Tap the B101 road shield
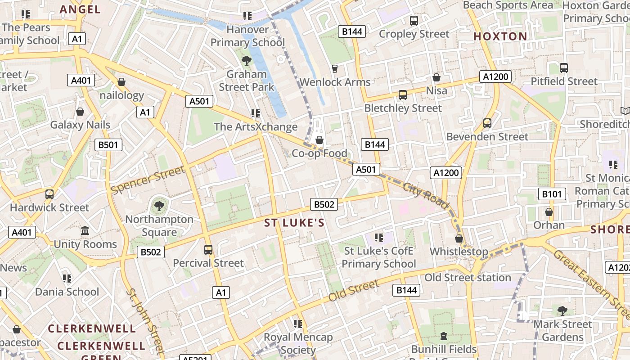[552, 194]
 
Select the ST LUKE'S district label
[294, 223]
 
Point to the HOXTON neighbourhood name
[500, 36]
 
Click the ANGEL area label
[80, 9]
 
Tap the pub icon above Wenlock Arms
[334, 68]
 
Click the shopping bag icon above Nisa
[436, 77]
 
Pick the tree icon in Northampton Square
[158, 206]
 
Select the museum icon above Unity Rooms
[85, 231]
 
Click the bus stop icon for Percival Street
[208, 249]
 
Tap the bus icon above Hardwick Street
[49, 194]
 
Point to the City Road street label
[426, 196]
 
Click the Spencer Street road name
[148, 180]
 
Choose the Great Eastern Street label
[590, 279]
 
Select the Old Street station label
[468, 278]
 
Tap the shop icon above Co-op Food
[319, 140]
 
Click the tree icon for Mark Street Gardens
[562, 310]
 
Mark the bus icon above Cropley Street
[414, 20]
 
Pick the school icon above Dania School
[67, 279]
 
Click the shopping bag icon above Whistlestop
[459, 238]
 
